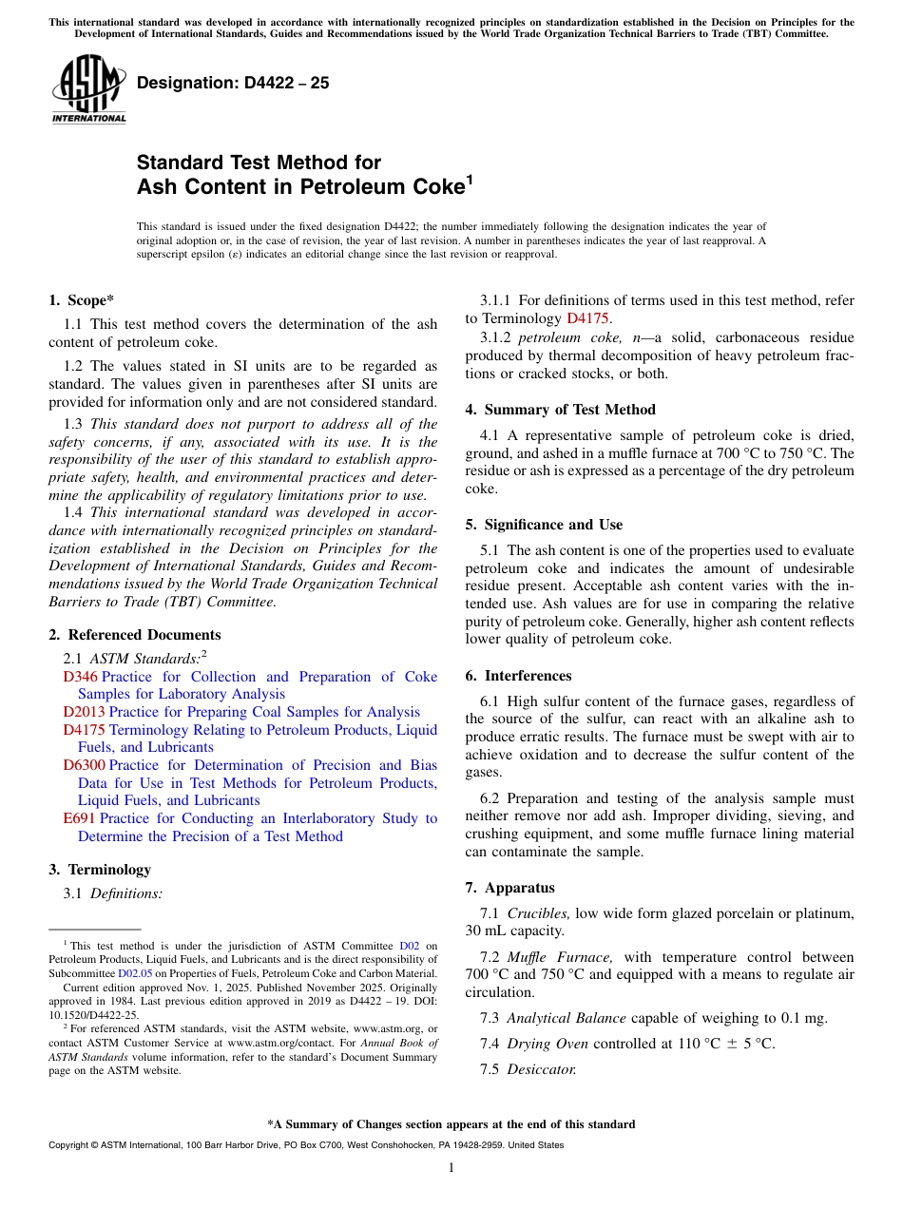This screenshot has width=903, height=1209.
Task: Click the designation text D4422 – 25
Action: (x=233, y=83)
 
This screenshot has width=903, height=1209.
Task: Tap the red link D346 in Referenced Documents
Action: (x=80, y=677)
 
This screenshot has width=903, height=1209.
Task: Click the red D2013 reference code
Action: (x=84, y=712)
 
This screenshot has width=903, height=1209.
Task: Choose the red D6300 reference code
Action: (x=84, y=765)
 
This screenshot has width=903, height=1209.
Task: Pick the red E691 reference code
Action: (x=79, y=818)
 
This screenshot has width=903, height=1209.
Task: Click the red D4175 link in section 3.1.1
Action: (x=586, y=317)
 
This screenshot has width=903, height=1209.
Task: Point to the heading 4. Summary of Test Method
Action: (x=560, y=410)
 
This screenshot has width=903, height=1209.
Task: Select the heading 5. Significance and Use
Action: (x=544, y=525)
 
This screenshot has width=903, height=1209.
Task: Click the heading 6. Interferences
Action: (x=518, y=676)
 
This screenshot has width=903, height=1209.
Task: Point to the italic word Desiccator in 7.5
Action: (x=541, y=1069)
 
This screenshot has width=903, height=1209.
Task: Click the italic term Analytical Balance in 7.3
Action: (x=566, y=1018)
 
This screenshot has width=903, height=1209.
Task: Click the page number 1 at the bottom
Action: (x=451, y=1167)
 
